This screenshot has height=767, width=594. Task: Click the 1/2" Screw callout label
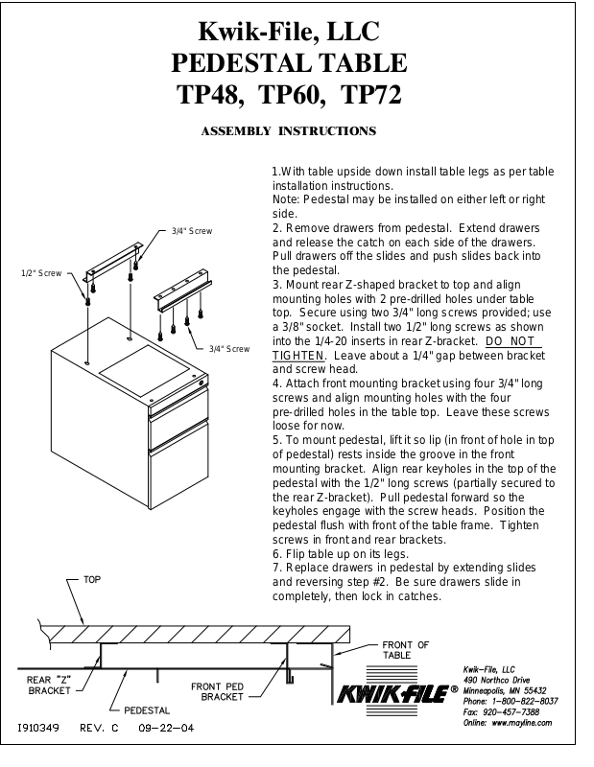coord(41,273)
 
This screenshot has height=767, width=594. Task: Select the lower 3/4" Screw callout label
coord(229,348)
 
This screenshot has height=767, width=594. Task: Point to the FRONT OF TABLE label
coord(405,649)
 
